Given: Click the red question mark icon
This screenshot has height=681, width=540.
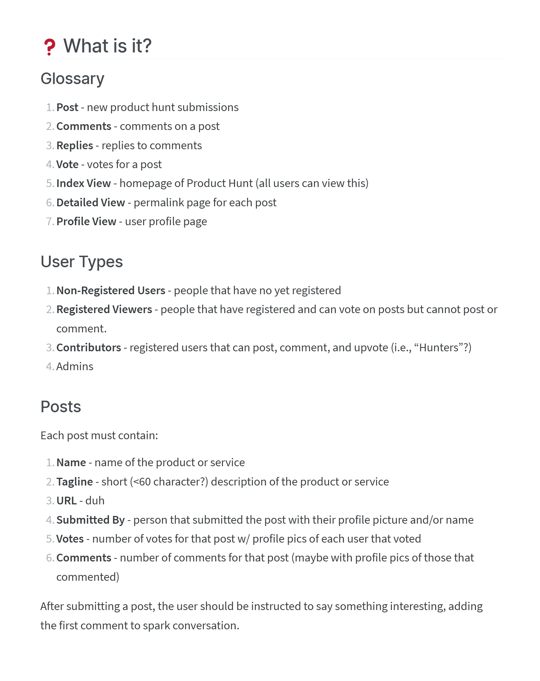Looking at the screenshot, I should pyautogui.click(x=49, y=47).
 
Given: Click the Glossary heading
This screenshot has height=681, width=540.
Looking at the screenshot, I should pyautogui.click(x=73, y=79).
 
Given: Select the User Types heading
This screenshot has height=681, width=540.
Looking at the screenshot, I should pyautogui.click(x=82, y=262).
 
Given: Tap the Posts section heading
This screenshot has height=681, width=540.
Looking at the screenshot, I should pyautogui.click(x=61, y=407).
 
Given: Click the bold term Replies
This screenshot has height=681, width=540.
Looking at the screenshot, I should pyautogui.click(x=75, y=145).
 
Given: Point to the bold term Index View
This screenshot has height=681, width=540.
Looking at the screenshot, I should pyautogui.click(x=84, y=183).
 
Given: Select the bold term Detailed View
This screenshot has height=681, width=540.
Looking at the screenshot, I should pyautogui.click(x=91, y=202).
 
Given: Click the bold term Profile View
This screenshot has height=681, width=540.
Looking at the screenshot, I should pyautogui.click(x=86, y=221).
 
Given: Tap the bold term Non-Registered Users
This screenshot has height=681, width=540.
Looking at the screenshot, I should pyautogui.click(x=111, y=290).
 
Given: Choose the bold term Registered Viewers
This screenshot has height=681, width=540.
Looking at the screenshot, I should pyautogui.click(x=104, y=309).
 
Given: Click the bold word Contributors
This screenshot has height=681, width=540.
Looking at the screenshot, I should pyautogui.click(x=89, y=347).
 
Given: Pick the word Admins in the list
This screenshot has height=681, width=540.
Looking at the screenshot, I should pyautogui.click(x=75, y=366).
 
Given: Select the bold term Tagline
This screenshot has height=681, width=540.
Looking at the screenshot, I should pyautogui.click(x=75, y=482).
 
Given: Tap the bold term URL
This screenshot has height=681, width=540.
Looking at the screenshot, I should pyautogui.click(x=67, y=501).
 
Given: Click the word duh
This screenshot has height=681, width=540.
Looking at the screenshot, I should pyautogui.click(x=95, y=501).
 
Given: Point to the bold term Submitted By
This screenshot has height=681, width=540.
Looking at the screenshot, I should pyautogui.click(x=91, y=520).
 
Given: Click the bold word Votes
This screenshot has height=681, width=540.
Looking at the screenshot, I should pyautogui.click(x=70, y=539).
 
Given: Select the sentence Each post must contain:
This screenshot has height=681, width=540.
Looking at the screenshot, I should pyautogui.click(x=99, y=435).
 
